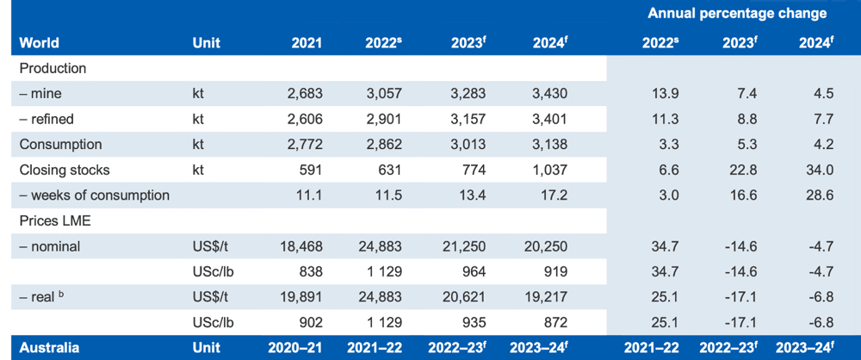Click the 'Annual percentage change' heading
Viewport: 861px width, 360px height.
click(x=737, y=14)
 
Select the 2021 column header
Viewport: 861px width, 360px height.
click(x=307, y=43)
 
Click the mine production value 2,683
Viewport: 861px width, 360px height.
click(x=305, y=94)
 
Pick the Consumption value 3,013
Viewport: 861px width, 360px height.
click(x=468, y=145)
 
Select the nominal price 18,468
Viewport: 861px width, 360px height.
click(x=300, y=247)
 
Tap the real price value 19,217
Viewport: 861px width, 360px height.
click(x=545, y=297)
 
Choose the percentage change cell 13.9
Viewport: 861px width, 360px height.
click(x=666, y=94)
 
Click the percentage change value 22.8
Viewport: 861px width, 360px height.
click(x=745, y=170)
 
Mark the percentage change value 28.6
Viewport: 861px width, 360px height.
click(x=821, y=196)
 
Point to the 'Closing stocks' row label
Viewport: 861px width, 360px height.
click(x=65, y=170)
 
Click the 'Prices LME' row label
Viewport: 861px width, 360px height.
click(x=54, y=221)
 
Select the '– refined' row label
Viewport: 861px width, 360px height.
click(x=46, y=119)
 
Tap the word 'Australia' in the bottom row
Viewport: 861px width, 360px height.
click(x=49, y=348)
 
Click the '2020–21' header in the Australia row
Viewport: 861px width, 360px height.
click(x=295, y=348)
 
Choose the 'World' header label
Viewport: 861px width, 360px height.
click(x=39, y=43)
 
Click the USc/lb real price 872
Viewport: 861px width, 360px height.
click(x=554, y=323)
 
